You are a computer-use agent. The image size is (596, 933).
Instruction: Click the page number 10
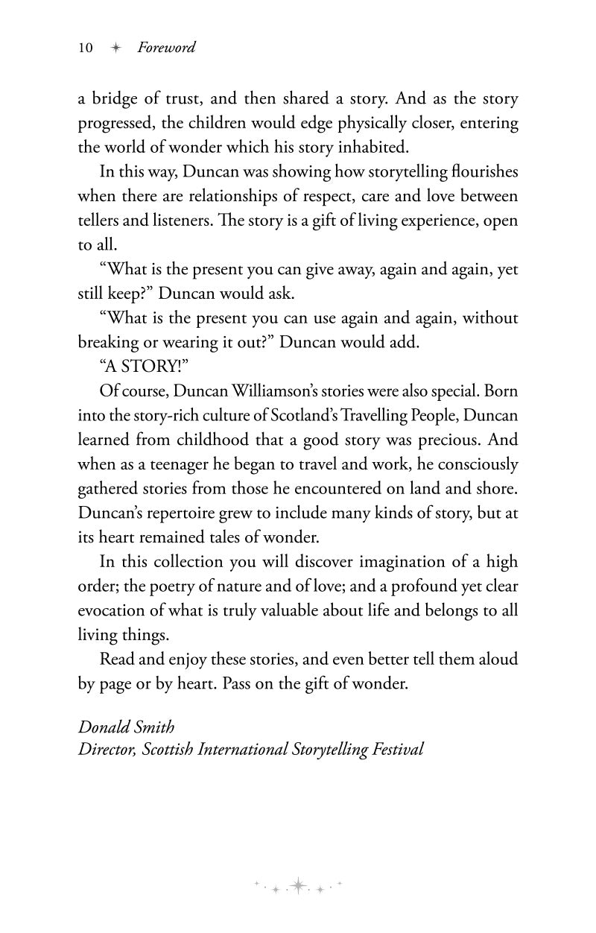coord(85,48)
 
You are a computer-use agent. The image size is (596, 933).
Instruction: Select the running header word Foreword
coord(166,48)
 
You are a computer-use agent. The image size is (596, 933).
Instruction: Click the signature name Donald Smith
coord(127,726)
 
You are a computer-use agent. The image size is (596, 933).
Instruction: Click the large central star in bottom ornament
coord(299,885)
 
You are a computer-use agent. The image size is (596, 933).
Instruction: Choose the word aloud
coord(497,660)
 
